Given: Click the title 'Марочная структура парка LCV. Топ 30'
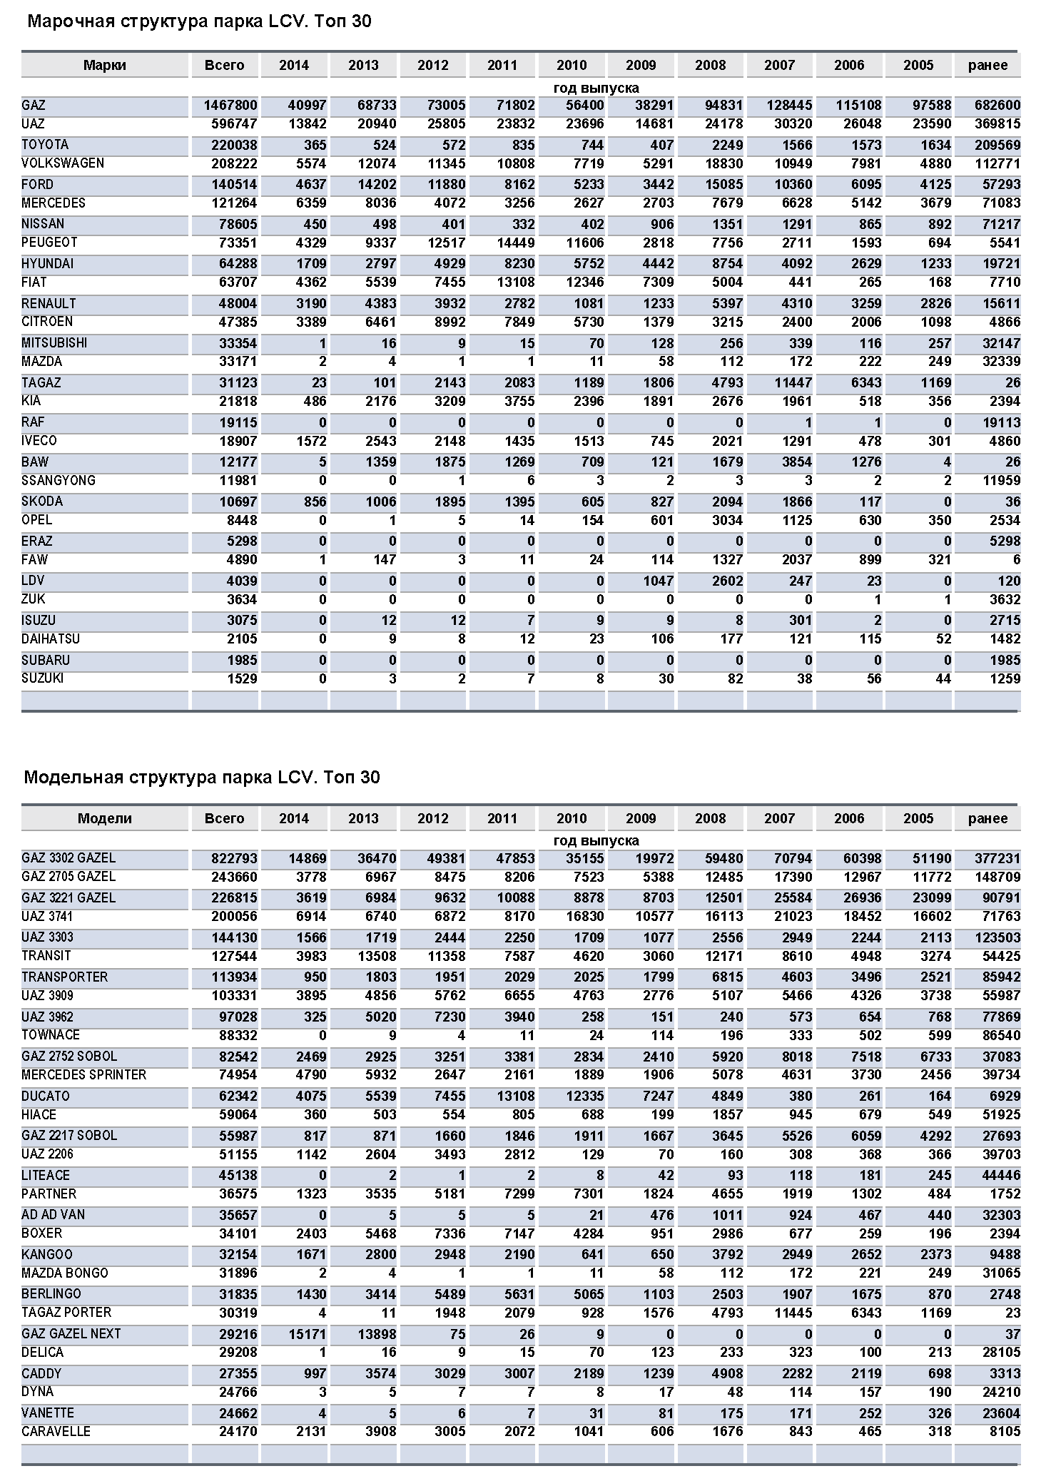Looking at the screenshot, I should [199, 22].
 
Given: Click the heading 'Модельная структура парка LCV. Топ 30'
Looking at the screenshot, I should [202, 777].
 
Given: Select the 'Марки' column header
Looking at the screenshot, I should [104, 66].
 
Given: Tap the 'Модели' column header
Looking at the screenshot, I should [104, 819].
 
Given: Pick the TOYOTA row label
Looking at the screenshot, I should [45, 145].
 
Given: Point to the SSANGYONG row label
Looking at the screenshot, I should [59, 481].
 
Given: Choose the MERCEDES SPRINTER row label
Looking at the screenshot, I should [83, 1075].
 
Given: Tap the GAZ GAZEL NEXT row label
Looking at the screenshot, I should [71, 1334].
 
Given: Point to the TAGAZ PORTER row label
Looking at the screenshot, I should [66, 1313].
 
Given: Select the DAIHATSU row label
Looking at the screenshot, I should [51, 639].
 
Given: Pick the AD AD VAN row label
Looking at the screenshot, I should [53, 1215].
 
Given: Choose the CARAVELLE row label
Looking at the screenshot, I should [56, 1432].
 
